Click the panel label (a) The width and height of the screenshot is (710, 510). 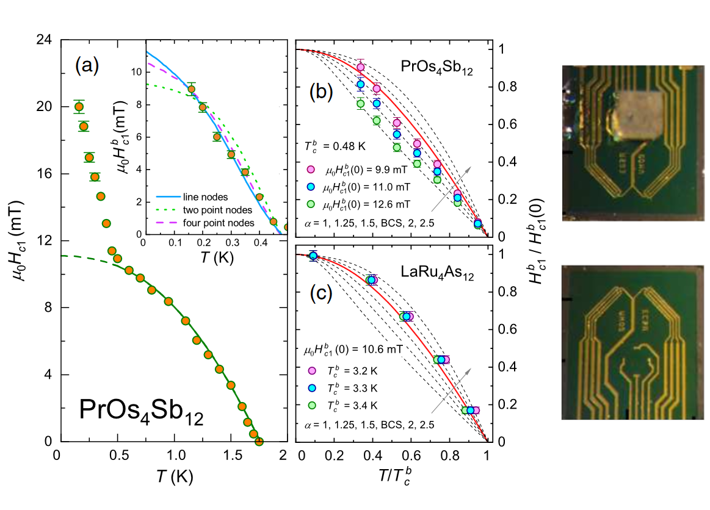(x=87, y=65)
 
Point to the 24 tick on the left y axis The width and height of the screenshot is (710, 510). (x=43, y=40)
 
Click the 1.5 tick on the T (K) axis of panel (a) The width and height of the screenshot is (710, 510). (x=231, y=456)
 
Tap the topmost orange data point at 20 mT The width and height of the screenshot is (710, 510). (x=79, y=107)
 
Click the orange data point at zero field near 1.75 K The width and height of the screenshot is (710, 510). (x=259, y=441)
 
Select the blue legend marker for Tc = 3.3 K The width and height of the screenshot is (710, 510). (x=311, y=388)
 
